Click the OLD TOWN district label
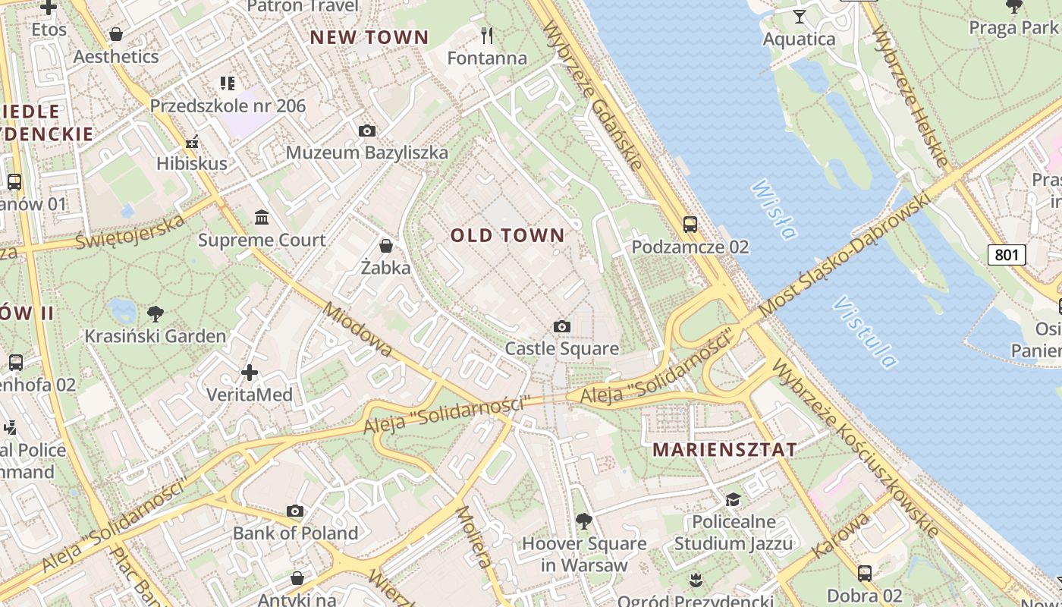coord(507,235)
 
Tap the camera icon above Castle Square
coord(561,326)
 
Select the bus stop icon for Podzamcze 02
coord(690,224)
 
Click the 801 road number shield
coord(1006,255)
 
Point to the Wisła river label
coord(775,209)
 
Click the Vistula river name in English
coord(865,332)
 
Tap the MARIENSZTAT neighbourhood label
coord(724,449)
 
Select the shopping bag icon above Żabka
coord(386,246)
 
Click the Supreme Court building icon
coord(262,218)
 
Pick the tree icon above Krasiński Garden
coord(155,313)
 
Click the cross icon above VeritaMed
coord(250,373)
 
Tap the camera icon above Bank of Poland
coord(295,511)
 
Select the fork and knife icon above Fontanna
coord(487,35)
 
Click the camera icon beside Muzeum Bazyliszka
coord(366,131)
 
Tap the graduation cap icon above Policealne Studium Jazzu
coord(733,499)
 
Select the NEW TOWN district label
coord(369,37)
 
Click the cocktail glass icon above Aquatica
coord(799,16)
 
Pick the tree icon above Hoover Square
coord(583,521)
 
